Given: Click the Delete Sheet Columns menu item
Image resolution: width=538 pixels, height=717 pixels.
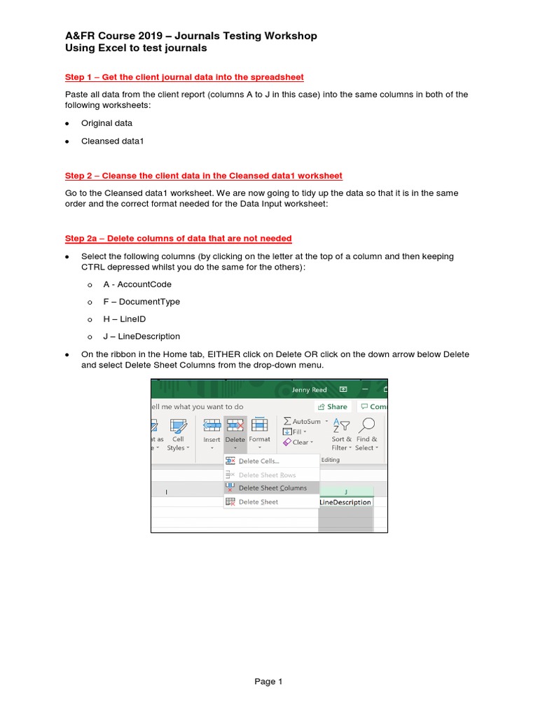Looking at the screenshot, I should pos(272,488).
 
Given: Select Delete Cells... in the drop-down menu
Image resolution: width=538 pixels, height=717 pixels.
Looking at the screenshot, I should pos(258,461).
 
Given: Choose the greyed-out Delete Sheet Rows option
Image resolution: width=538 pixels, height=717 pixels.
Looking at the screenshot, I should pos(267,475).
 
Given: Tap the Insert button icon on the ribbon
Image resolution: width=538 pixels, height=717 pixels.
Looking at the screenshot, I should pos(212,425).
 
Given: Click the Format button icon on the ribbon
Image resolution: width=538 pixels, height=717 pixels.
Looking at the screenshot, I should pos(259,425).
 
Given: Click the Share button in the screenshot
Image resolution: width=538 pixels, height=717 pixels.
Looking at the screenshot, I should pos(333,406).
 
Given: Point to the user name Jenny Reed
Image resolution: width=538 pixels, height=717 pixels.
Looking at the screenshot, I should pos(310,389).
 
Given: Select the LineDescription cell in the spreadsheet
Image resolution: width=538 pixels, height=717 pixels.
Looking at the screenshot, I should pos(345,502).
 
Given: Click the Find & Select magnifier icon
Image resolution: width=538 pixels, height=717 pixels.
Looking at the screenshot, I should pos(366,425).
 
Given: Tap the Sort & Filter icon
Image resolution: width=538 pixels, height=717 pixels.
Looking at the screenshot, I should pos(342,425).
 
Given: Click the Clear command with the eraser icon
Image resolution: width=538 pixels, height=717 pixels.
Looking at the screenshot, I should pos(296,443).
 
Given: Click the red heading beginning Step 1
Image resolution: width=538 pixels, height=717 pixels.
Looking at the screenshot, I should pos(184,77).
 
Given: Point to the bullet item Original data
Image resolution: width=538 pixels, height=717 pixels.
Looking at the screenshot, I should pos(106,123).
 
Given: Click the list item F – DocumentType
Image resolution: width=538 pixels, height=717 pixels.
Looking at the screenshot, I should pos(142,302).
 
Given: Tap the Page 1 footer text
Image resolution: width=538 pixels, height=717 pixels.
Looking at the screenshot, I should pos(269,681).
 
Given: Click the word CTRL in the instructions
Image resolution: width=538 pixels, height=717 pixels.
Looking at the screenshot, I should pos(93,267).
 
